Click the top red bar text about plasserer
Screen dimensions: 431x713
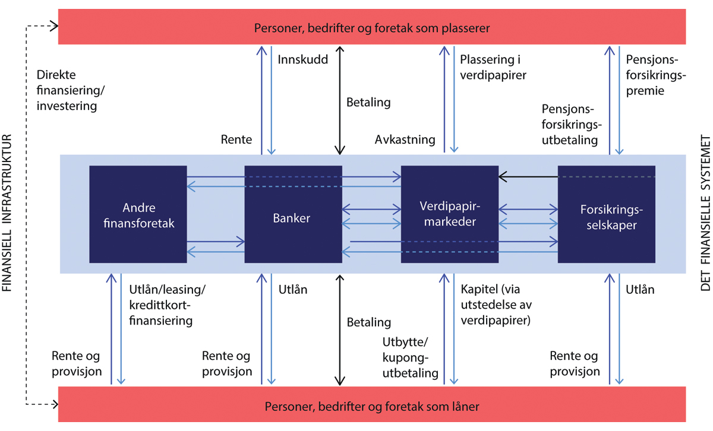click(372, 28)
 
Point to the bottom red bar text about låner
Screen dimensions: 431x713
click(372, 407)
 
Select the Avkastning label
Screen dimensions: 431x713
click(405, 140)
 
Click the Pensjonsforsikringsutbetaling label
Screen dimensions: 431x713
click(572, 125)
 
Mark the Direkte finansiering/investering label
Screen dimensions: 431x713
click(67, 91)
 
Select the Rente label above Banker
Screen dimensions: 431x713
click(236, 140)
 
